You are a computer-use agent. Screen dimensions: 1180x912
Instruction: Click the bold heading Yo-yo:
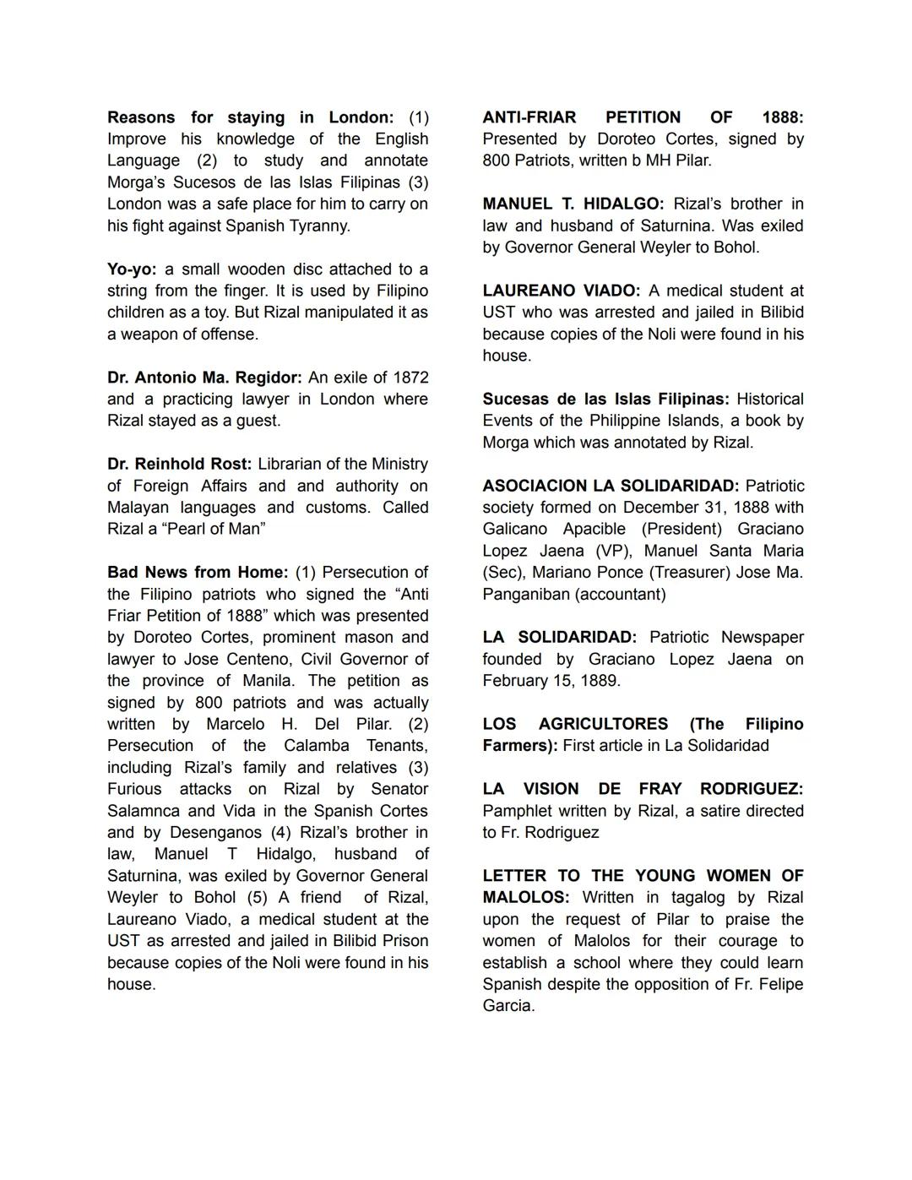tap(132, 269)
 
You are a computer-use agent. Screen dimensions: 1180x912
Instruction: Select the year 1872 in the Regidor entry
tap(410, 378)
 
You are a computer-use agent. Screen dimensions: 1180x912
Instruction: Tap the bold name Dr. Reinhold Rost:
tap(179, 464)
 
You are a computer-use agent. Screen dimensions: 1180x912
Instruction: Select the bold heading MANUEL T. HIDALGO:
tap(573, 204)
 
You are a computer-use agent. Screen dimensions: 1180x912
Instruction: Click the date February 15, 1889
tap(551, 681)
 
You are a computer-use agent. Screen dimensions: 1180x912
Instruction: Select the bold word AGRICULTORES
tap(603, 724)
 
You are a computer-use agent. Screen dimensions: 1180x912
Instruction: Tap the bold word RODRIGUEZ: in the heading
tap(751, 789)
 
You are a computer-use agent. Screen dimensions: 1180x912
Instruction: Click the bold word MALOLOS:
tap(525, 897)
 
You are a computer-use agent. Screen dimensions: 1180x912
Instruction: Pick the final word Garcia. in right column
tap(508, 1005)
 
